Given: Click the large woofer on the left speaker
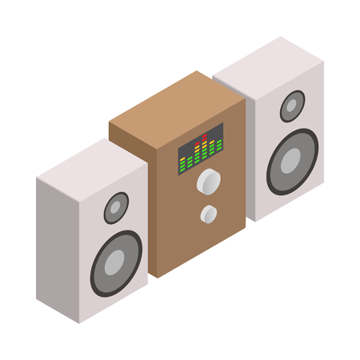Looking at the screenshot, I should [115, 263].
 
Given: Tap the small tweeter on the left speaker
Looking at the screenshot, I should [116, 207].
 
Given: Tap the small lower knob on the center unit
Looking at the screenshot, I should [209, 214].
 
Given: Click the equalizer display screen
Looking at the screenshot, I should [200, 153].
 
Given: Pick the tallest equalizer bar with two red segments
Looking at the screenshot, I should [205, 148].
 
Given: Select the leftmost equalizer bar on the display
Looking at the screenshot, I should [182, 163].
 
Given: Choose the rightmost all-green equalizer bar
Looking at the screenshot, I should [218, 146].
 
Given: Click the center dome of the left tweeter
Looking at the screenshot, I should [115, 208].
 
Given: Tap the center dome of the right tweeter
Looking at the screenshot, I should [293, 104].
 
